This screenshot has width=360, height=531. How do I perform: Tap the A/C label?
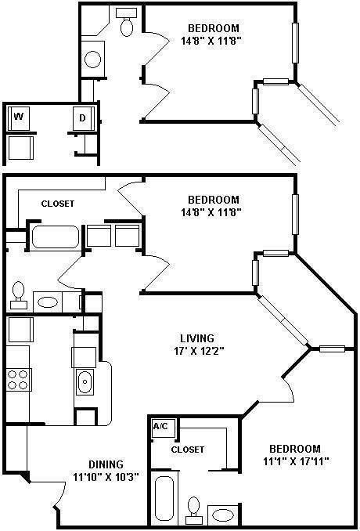point(160,426)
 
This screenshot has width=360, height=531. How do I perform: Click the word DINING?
point(106,464)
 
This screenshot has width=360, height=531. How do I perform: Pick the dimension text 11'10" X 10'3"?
point(106,477)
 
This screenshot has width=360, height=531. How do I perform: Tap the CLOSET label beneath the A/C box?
point(188,450)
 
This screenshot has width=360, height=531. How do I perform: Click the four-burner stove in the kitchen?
point(17,380)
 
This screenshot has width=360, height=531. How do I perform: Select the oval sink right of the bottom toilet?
point(222,515)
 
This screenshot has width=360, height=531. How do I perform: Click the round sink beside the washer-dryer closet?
point(92,60)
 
